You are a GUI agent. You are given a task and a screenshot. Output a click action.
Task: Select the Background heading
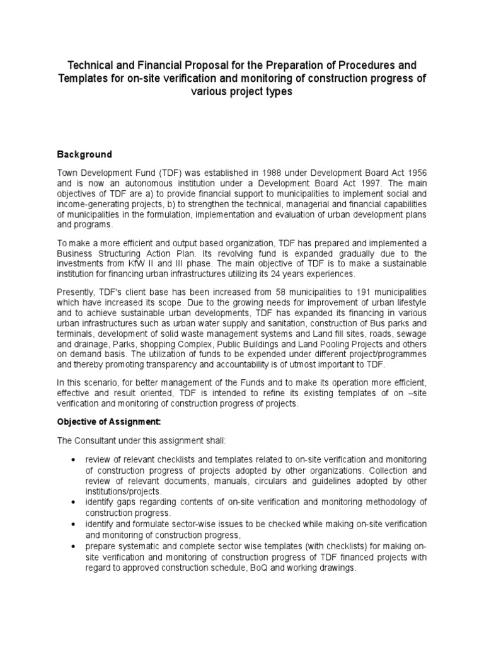(x=84, y=154)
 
